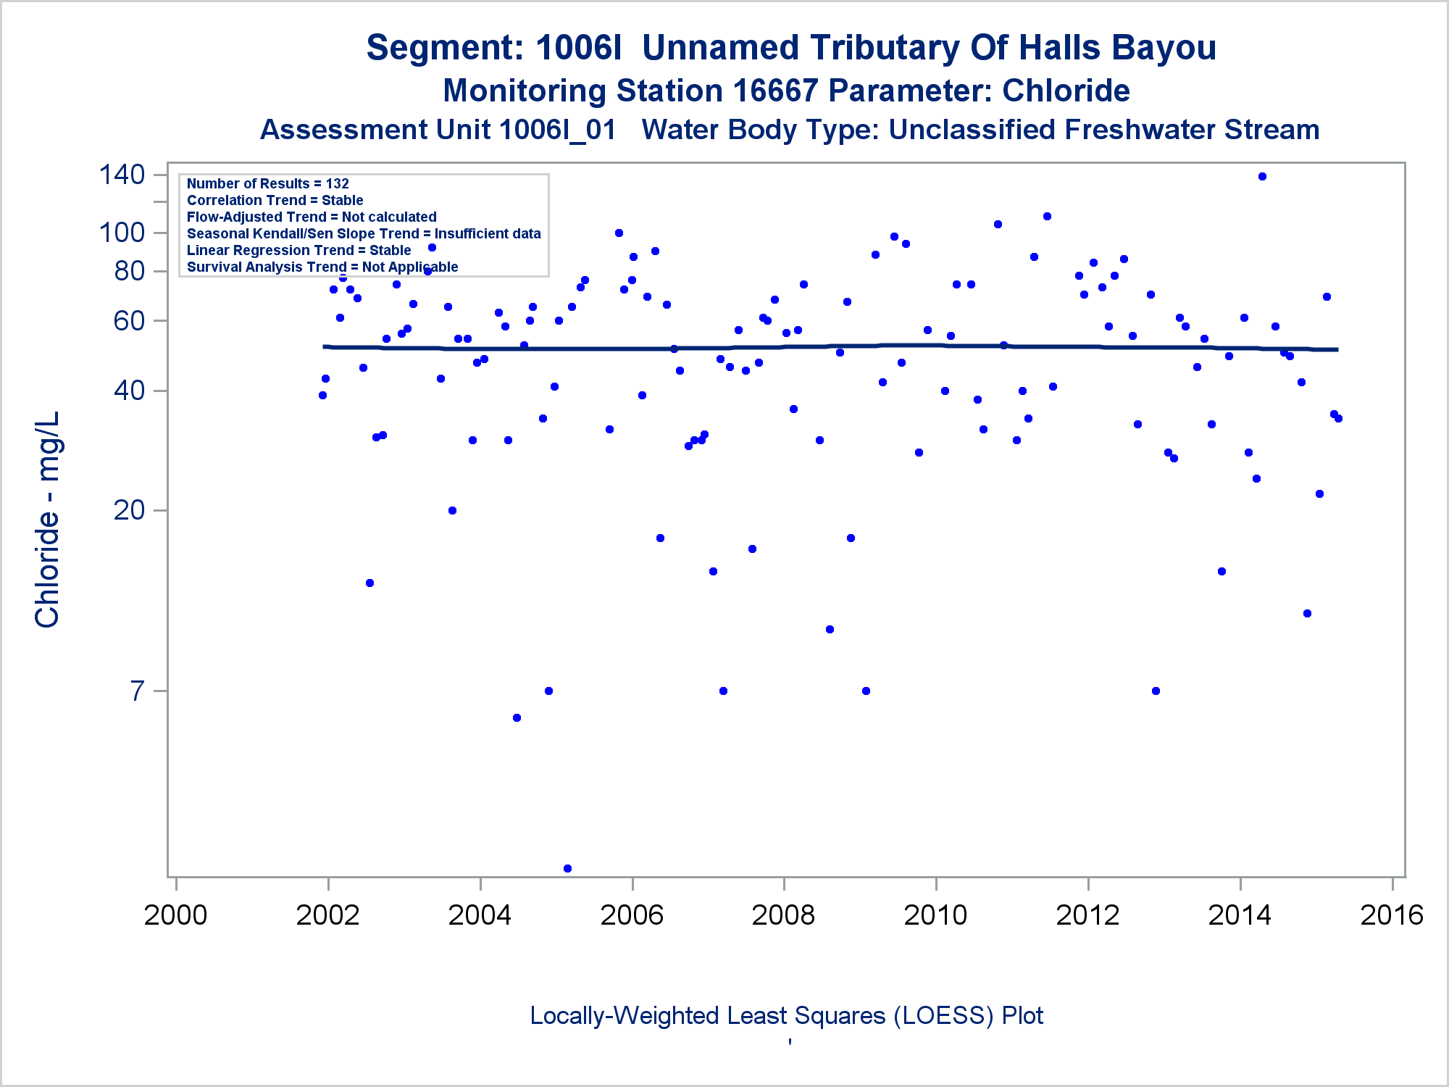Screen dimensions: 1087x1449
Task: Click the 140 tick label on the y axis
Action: [122, 175]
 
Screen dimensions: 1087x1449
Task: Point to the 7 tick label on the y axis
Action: [138, 691]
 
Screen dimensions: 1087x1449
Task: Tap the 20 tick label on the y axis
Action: [129, 510]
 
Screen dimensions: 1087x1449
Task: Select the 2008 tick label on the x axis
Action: [783, 915]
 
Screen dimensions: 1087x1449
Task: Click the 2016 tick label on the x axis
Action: [1392, 915]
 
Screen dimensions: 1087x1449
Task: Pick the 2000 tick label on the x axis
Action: [175, 915]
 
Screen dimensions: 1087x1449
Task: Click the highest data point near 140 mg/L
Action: [1262, 177]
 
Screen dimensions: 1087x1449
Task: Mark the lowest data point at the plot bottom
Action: [567, 868]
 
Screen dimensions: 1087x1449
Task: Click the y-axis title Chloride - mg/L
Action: [48, 520]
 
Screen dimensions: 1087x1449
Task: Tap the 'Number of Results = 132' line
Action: [268, 184]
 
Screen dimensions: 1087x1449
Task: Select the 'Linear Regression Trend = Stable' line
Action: [298, 251]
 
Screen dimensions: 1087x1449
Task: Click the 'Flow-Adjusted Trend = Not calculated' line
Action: [312, 217]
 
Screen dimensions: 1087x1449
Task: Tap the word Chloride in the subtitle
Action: [1066, 91]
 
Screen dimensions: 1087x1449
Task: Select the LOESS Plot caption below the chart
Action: [786, 1016]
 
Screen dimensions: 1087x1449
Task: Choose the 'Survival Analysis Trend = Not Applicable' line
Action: [322, 267]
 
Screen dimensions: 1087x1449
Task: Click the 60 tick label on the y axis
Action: [129, 320]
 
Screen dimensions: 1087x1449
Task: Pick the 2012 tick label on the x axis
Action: [1087, 915]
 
